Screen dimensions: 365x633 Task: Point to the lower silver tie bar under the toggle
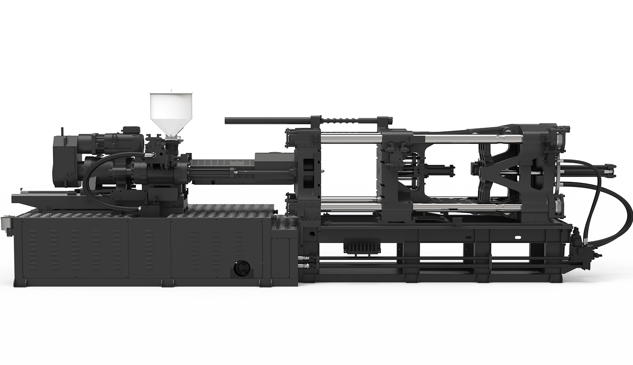[465, 206]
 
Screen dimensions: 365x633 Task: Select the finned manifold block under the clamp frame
[362, 247]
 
